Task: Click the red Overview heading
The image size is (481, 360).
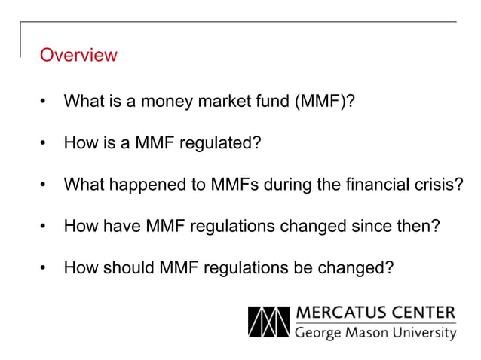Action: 78,55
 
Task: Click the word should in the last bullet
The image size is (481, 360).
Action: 124,267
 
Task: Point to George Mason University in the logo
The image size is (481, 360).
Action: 375,332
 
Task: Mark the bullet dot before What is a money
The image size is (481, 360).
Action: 45,100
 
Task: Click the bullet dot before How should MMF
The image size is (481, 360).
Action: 45,267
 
